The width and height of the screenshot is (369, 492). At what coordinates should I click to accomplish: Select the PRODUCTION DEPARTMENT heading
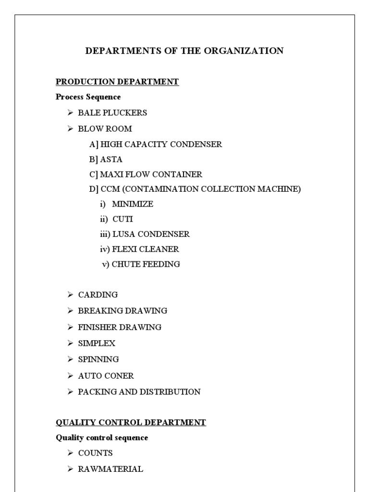117,82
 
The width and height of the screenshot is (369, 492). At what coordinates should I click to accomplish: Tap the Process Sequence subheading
88,97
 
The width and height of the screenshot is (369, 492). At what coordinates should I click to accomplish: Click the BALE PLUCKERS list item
112,113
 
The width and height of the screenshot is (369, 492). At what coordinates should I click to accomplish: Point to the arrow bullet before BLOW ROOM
70,129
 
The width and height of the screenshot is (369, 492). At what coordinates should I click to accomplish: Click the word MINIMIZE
133,204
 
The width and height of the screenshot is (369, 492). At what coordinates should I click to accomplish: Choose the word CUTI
123,219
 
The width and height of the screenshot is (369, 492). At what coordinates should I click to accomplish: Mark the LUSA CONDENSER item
151,234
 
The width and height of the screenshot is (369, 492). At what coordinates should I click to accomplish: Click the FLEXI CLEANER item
146,249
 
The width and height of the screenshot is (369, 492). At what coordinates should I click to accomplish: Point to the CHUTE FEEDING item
146,264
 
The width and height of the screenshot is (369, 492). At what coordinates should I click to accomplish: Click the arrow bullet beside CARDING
70,295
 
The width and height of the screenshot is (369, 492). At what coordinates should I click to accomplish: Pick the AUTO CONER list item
106,376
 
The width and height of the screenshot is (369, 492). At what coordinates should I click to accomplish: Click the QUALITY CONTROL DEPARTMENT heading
131,423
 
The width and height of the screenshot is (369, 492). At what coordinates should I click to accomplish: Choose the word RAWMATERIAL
111,469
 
